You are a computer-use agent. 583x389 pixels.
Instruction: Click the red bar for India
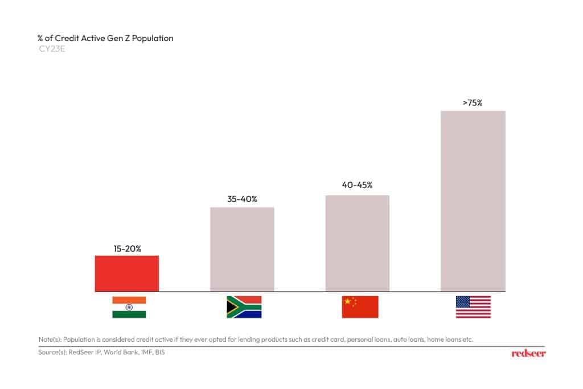[126, 273]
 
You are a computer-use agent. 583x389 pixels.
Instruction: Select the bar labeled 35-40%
[242, 249]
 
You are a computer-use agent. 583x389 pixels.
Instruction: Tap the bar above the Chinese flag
[357, 243]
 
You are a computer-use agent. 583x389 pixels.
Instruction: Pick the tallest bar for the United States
[473, 200]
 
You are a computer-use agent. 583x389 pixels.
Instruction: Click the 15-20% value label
[126, 248]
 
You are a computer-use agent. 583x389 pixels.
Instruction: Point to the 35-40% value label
[242, 199]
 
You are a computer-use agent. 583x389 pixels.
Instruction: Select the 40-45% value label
[357, 185]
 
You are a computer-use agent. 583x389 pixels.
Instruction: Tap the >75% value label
[473, 103]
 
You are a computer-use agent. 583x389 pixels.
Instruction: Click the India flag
[129, 307]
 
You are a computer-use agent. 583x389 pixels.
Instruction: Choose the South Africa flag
[244, 307]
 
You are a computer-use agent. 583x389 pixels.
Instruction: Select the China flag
[360, 307]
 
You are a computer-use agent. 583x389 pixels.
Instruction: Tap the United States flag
[473, 307]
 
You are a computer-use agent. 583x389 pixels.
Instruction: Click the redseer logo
[528, 354]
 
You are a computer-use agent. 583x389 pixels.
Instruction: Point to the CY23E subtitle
[50, 49]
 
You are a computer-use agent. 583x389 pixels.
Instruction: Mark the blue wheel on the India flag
[129, 307]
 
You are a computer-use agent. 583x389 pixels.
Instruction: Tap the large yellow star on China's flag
[347, 301]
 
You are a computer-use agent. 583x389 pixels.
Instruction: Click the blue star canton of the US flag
[463, 301]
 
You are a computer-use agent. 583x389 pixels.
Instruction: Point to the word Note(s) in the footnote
[50, 339]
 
